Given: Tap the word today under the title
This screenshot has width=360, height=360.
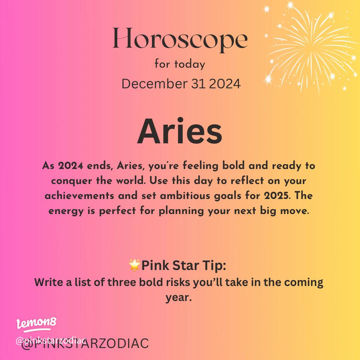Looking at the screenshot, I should pyautogui.click(x=189, y=64).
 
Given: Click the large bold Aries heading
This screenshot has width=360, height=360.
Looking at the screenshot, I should pyautogui.click(x=180, y=132).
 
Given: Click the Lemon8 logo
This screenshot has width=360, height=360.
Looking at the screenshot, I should pyautogui.click(x=36, y=323).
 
